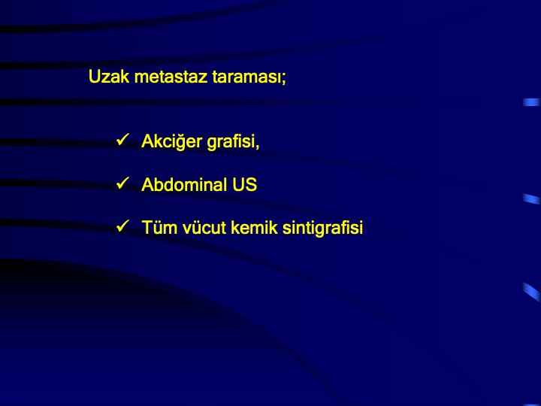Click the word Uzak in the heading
[109, 76]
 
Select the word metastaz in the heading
[171, 77]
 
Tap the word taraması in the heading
[246, 77]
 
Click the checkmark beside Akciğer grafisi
[122, 140]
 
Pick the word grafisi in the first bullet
[231, 142]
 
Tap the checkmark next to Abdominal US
[122, 183]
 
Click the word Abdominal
[184, 184]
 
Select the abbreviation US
[245, 184]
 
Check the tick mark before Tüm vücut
[122, 226]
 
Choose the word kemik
[254, 228]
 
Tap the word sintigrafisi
[322, 228]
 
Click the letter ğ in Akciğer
[182, 143]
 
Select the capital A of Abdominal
[147, 184]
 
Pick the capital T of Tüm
[147, 228]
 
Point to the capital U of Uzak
[95, 77]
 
